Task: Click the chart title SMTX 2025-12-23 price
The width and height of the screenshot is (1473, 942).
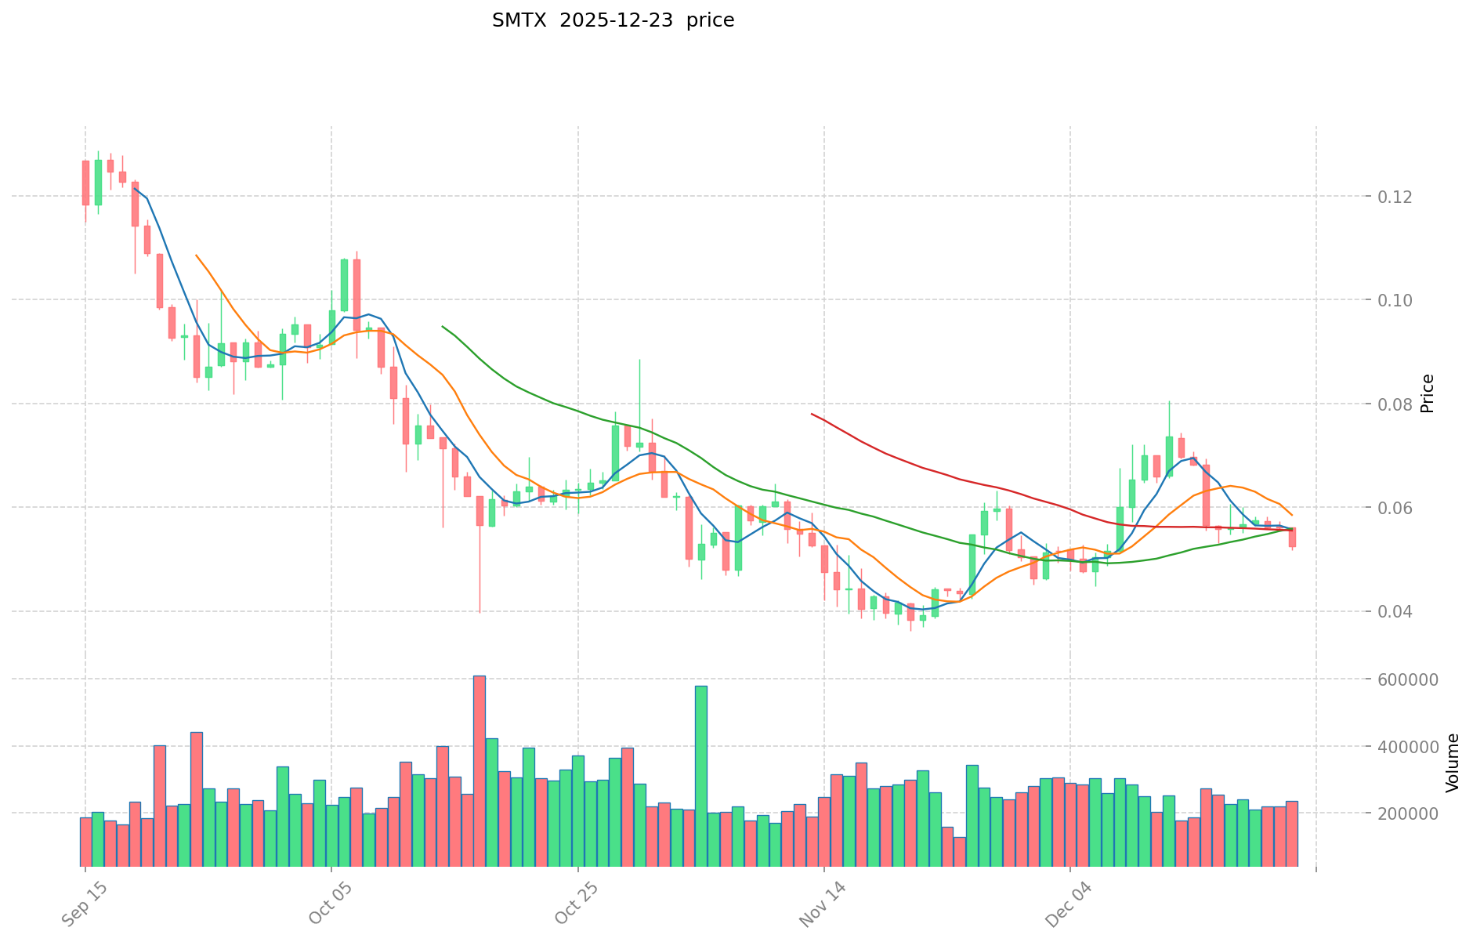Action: pyautogui.click(x=613, y=20)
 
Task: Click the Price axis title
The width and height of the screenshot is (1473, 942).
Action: pyautogui.click(x=1428, y=393)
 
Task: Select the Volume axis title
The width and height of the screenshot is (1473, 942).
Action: pyautogui.click(x=1453, y=762)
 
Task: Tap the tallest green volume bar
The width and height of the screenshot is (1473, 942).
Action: pyautogui.click(x=700, y=776)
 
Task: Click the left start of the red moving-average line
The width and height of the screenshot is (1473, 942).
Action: pyautogui.click(x=812, y=414)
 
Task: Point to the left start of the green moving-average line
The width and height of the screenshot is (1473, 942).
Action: pyautogui.click(x=443, y=326)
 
